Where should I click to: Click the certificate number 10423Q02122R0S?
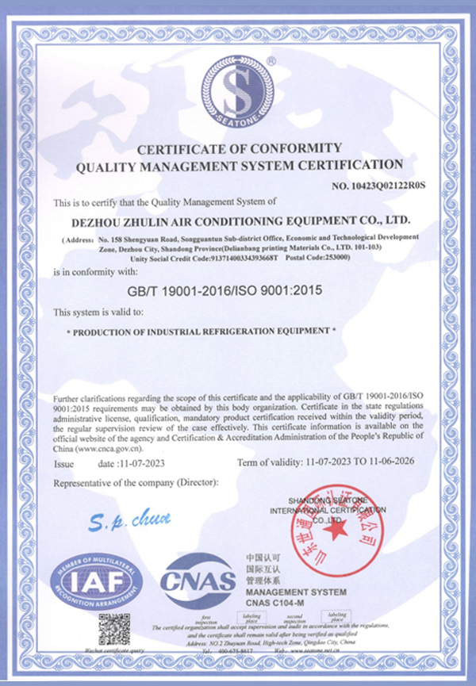click(380, 185)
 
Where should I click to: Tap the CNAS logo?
click(198, 583)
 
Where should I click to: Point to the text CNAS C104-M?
click(275, 604)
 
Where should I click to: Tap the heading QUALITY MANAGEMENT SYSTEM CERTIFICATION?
click(239, 165)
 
